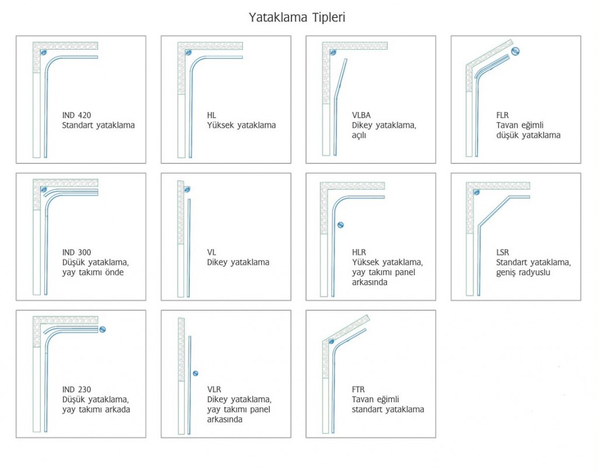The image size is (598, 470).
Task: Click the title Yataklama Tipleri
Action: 297,18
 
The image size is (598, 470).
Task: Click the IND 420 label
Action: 77,115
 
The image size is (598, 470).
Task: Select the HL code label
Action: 211,115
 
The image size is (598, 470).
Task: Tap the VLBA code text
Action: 361,115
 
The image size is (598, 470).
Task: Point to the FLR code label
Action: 502,115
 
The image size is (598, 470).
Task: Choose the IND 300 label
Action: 77,252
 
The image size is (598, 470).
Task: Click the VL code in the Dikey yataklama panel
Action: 211,252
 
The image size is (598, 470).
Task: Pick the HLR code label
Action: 359,252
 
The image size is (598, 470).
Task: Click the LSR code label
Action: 503,252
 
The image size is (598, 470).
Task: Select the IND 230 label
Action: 77,389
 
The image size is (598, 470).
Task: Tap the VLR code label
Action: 214,389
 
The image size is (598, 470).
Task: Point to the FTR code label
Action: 358,389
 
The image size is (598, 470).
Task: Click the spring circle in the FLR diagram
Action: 515,51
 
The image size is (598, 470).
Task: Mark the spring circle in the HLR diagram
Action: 340,225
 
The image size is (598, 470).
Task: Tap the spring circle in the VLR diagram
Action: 195,374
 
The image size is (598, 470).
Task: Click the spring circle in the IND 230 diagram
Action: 102,329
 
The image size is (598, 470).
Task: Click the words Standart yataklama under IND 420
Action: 98,125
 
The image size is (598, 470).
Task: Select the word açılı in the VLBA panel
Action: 359,135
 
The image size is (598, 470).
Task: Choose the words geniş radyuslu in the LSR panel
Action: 523,273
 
